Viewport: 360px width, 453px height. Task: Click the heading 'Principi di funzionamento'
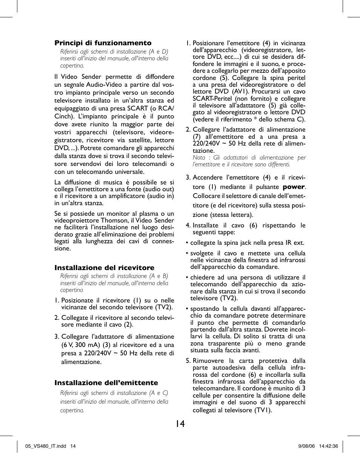(x=103, y=43)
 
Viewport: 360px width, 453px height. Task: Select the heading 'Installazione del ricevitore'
(x=105, y=268)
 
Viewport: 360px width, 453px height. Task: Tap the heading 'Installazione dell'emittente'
(x=106, y=383)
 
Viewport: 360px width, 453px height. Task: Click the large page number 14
(x=180, y=424)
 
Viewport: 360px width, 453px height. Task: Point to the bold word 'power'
(x=294, y=187)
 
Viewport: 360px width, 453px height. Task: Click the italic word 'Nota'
(x=199, y=158)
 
